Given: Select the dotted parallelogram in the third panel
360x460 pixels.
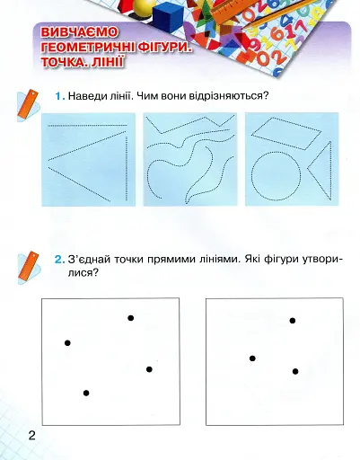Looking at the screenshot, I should (285, 132).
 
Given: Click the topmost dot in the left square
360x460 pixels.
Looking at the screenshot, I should (131, 318).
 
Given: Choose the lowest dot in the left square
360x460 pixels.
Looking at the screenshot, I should (86, 393).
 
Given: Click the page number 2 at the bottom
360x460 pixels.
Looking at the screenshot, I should (31, 437).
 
